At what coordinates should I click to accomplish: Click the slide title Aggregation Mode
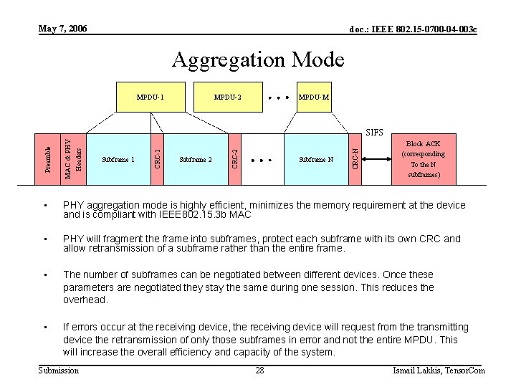click(258, 59)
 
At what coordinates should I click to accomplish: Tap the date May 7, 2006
click(63, 29)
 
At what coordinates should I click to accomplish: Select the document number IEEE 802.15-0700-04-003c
click(414, 29)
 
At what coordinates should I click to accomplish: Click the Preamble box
click(47, 159)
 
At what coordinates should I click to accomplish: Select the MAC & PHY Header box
click(74, 159)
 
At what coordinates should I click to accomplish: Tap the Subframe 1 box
click(118, 159)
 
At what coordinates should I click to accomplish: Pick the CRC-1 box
click(158, 159)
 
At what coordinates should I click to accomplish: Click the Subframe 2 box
click(196, 159)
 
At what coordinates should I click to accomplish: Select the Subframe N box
click(316, 159)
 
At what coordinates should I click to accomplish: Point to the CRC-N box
click(355, 159)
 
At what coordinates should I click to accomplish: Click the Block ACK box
click(423, 159)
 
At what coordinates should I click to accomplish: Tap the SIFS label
click(375, 133)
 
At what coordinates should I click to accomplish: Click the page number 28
click(260, 371)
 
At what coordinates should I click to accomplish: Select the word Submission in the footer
click(59, 371)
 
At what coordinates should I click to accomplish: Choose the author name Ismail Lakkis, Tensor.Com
click(439, 371)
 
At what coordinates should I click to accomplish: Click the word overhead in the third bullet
click(85, 300)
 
